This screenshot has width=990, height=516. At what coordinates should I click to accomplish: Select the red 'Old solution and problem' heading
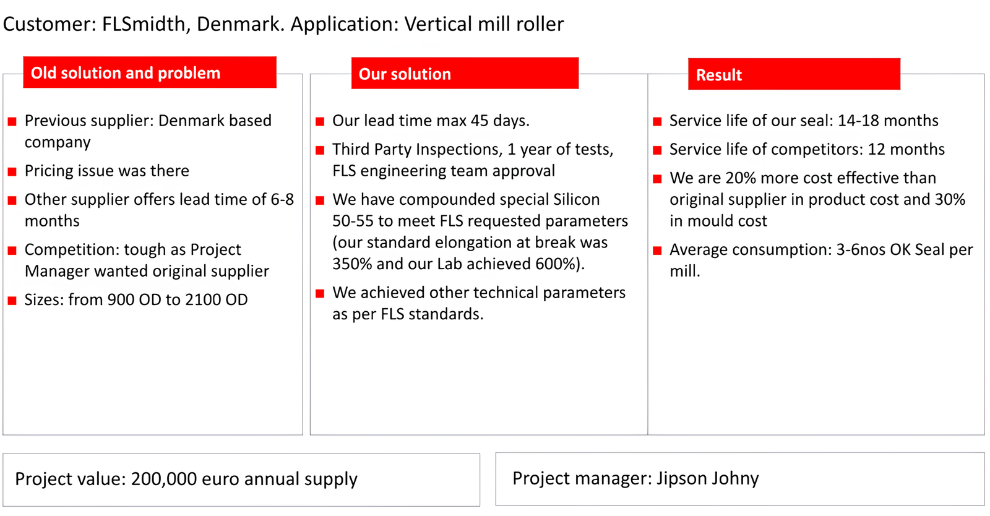(150, 72)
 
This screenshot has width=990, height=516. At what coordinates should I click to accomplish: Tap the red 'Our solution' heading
(465, 73)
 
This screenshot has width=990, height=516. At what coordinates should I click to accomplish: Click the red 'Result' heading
(794, 74)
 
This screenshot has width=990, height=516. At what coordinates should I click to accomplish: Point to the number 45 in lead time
(480, 121)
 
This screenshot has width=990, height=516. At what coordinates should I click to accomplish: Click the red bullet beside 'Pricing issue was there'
(12, 171)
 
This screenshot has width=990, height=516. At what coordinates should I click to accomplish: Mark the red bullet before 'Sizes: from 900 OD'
(12, 301)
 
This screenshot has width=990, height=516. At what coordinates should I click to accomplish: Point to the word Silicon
(576, 199)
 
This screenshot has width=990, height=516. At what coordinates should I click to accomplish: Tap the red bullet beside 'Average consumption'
(658, 251)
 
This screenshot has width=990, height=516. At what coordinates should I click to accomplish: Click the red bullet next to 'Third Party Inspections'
(320, 150)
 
